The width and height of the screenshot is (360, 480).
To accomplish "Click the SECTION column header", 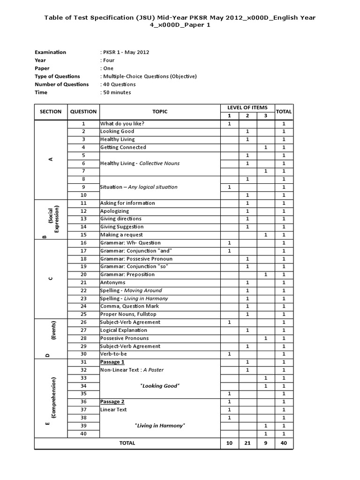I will click(x=51, y=112).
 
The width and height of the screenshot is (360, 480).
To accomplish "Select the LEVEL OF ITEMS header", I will click(x=247, y=108).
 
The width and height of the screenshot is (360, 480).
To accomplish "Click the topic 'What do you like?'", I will click(x=122, y=123).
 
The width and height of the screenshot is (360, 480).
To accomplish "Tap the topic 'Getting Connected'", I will click(x=123, y=147).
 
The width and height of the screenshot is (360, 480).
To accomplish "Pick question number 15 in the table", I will click(x=83, y=234).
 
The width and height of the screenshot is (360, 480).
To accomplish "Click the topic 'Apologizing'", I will click(x=115, y=211).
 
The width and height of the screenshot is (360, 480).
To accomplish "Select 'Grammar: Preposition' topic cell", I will click(x=126, y=274).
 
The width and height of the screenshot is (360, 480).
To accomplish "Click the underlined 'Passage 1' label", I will click(x=112, y=362).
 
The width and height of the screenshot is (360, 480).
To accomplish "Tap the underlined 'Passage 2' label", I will click(x=112, y=402).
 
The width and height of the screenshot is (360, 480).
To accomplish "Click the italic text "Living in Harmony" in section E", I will click(x=160, y=425).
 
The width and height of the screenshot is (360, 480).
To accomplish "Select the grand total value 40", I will click(x=284, y=443).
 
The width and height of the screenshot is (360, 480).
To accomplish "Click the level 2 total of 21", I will click(x=247, y=443).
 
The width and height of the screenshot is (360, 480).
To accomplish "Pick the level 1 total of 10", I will click(x=229, y=443).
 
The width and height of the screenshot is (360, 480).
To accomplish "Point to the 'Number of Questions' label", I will click(x=61, y=84).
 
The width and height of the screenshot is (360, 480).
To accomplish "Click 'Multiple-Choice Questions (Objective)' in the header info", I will click(x=150, y=76).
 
